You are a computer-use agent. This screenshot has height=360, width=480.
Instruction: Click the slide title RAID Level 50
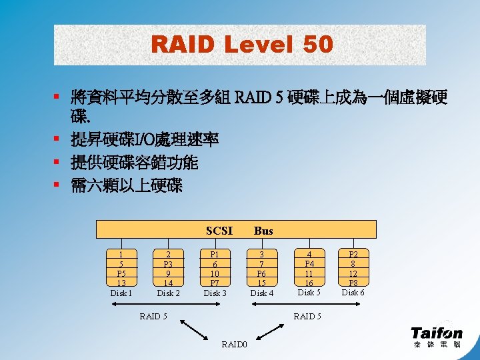coord(241,45)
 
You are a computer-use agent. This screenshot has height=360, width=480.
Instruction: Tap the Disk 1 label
coord(121,293)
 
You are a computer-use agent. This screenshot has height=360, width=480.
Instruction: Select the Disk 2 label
coord(168,293)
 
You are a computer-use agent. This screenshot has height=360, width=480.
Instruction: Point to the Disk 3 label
coord(215,293)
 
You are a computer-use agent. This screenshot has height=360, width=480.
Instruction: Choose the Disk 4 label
coord(261,293)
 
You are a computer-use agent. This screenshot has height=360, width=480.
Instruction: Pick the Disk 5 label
coord(309,293)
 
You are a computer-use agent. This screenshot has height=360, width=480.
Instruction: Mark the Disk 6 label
coord(353,293)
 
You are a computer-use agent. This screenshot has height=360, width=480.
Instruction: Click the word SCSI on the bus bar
coord(219,231)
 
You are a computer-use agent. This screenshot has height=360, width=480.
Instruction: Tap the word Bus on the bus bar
coord(263,231)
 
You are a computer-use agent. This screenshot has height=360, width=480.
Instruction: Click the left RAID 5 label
coord(153,316)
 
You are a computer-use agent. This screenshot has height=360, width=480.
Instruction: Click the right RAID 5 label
coord(307,316)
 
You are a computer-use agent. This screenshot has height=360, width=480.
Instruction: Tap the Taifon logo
coord(436,336)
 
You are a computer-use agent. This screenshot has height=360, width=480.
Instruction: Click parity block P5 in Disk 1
coord(121,273)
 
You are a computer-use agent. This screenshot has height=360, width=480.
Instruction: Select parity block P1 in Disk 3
coord(215,255)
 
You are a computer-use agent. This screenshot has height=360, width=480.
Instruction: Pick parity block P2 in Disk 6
coord(353,255)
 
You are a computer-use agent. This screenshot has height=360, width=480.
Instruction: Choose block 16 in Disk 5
coord(309,283)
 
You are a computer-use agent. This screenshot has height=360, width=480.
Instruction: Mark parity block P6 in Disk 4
coord(262,274)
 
